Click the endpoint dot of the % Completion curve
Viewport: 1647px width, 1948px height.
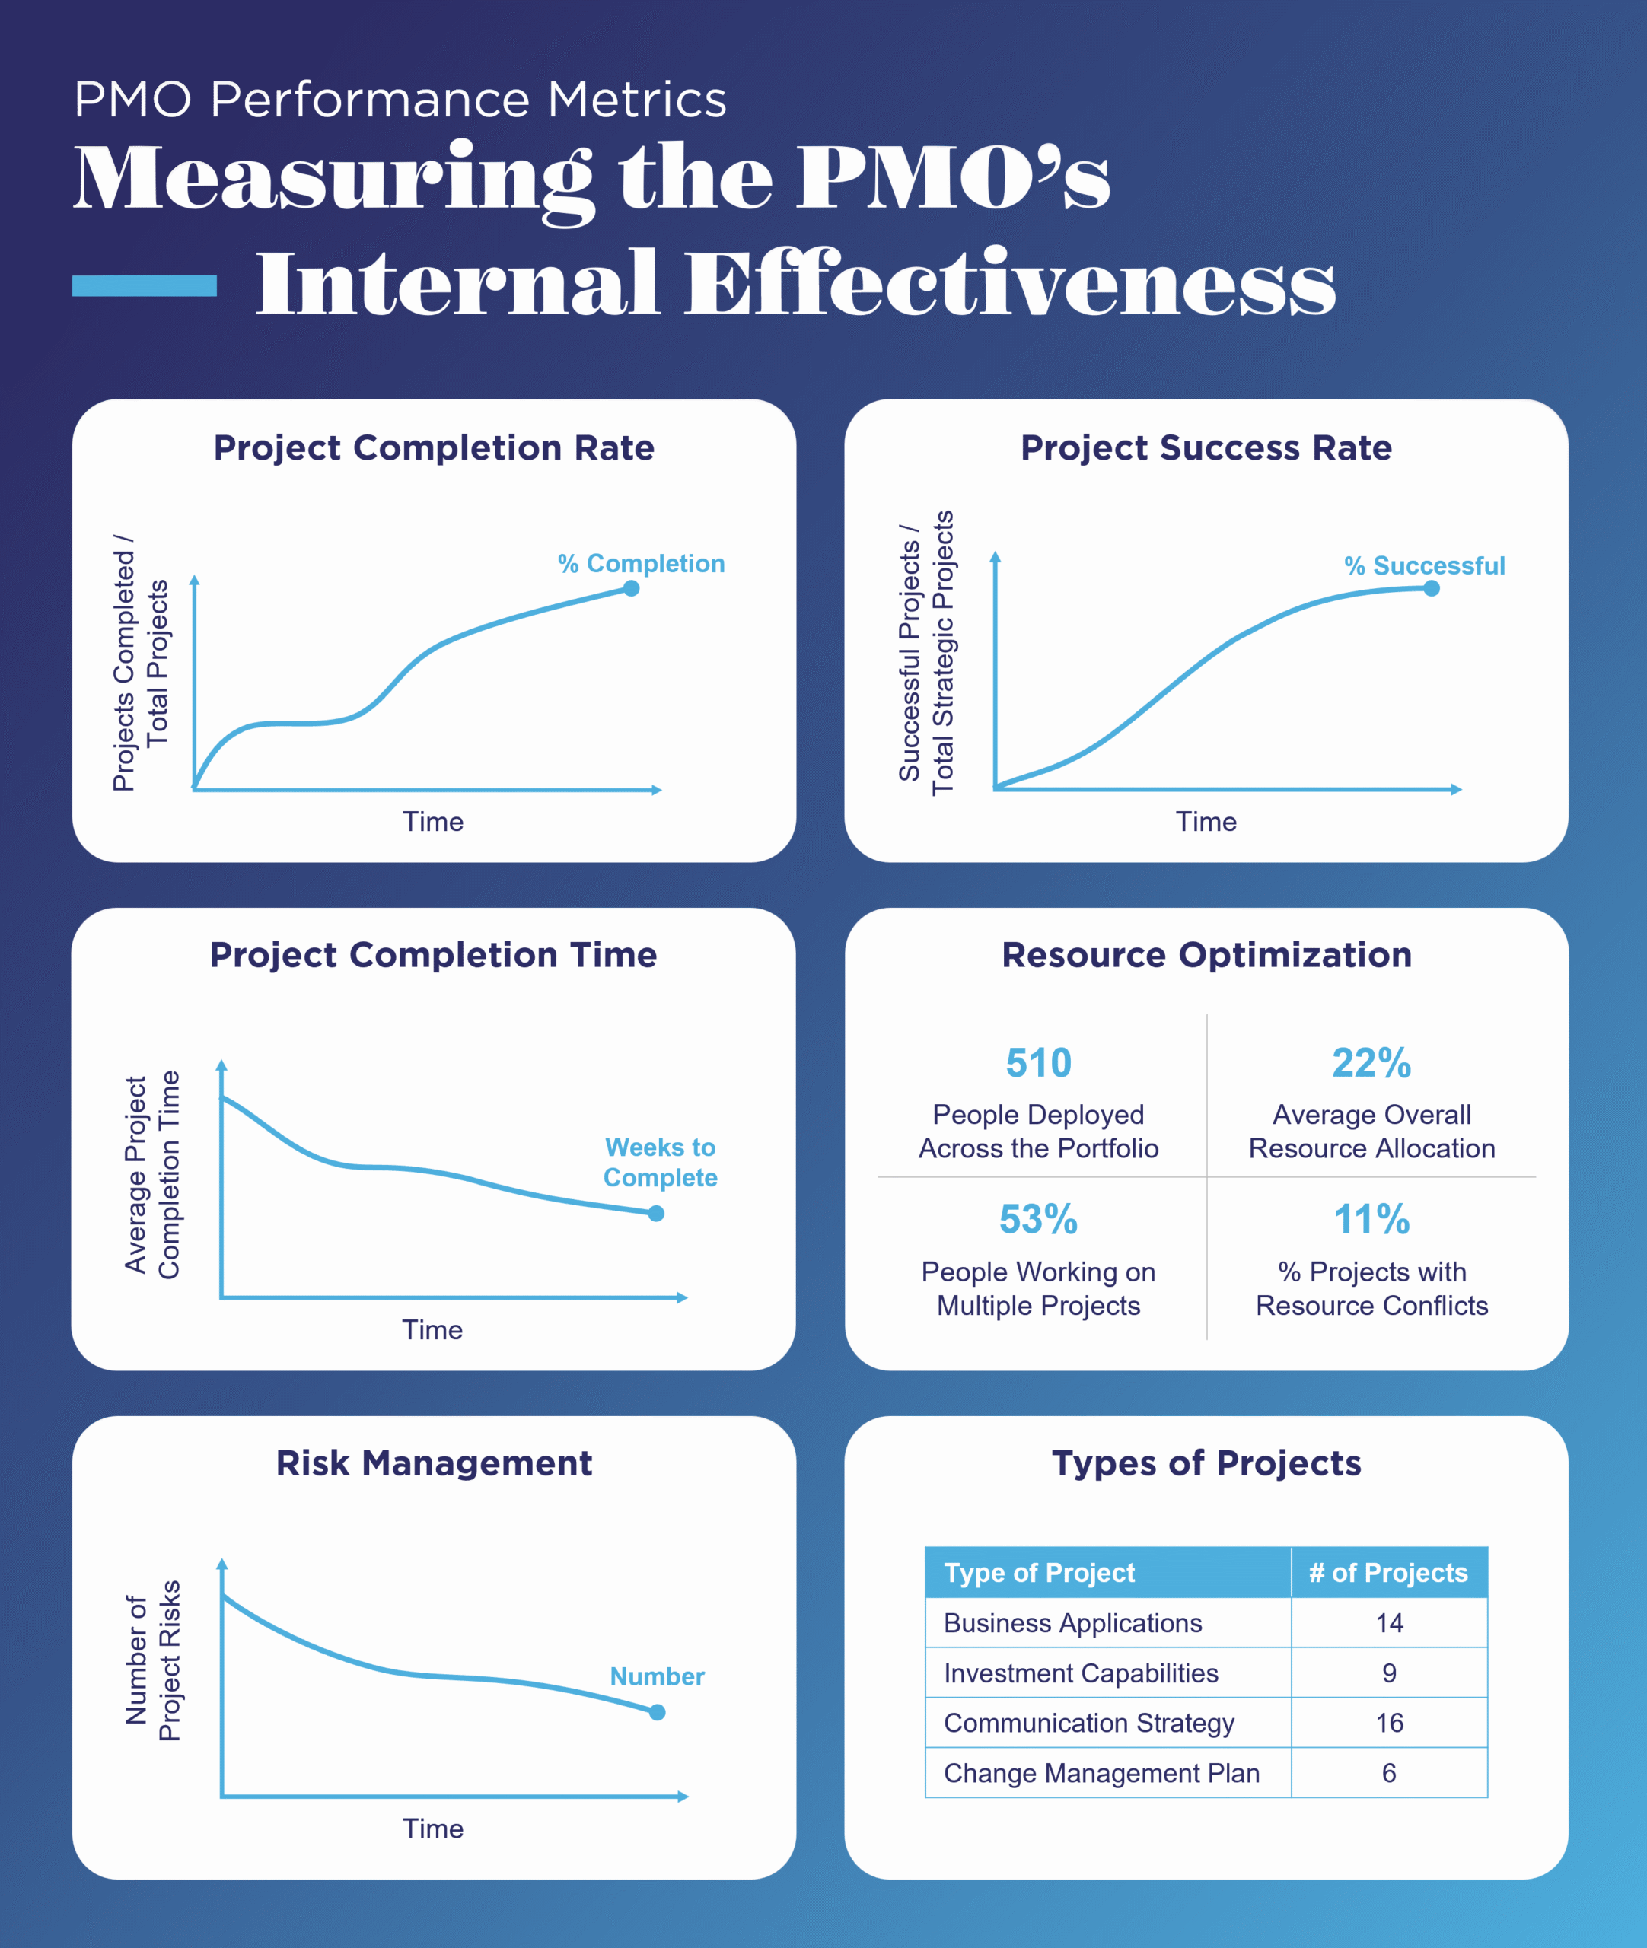click(x=631, y=588)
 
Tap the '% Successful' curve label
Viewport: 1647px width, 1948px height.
click(x=1424, y=565)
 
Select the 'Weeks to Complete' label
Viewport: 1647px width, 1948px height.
click(x=660, y=1162)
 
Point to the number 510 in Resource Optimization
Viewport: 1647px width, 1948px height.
click(x=1038, y=1063)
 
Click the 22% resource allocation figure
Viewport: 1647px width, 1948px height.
click(x=1371, y=1063)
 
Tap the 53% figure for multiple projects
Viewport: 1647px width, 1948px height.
click(x=1038, y=1219)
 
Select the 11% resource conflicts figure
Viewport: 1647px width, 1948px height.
click(x=1371, y=1219)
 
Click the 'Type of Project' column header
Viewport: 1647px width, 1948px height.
click(x=1039, y=1573)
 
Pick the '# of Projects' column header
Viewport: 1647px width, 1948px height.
click(x=1388, y=1573)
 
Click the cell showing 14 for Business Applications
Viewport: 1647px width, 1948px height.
click(x=1388, y=1623)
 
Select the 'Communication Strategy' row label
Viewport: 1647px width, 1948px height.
click(x=1088, y=1723)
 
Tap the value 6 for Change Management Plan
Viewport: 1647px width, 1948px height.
click(x=1388, y=1772)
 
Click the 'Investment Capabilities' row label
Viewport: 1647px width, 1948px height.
click(x=1080, y=1673)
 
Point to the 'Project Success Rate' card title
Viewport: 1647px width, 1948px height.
click(x=1206, y=448)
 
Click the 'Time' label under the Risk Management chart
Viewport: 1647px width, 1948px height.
click(x=432, y=1829)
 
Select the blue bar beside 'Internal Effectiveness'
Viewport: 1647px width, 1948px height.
click(x=145, y=285)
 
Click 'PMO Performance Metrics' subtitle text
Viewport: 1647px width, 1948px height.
click(x=400, y=99)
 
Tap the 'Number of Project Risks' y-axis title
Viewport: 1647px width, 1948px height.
click(x=152, y=1660)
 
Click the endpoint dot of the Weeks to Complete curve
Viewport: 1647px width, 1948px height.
click(x=656, y=1214)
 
